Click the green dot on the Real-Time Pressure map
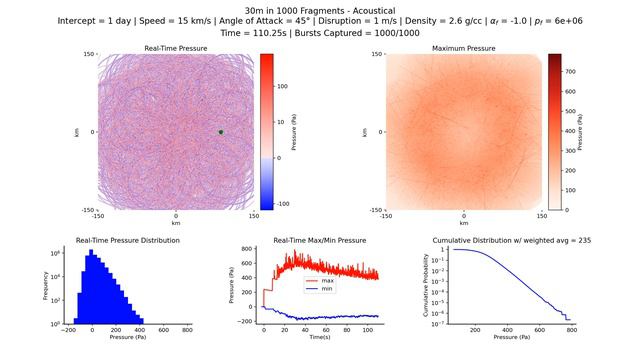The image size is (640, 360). [221, 132]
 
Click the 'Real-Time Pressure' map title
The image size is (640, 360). [176, 48]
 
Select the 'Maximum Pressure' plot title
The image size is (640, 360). [464, 48]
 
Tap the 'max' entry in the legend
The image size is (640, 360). [325, 281]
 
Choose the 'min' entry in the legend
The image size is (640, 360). [325, 289]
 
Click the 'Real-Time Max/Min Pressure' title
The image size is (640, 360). [319, 241]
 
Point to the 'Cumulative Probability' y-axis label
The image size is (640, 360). [427, 287]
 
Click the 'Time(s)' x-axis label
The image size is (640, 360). [319, 338]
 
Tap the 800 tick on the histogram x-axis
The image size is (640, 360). [186, 329]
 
